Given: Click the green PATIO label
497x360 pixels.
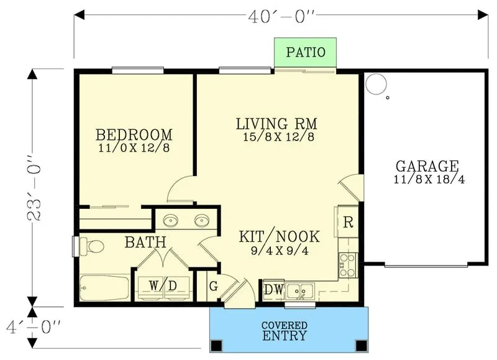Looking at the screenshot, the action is [x=306, y=52].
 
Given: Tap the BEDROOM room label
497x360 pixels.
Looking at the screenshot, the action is [x=134, y=135].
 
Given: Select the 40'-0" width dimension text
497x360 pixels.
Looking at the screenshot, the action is [x=281, y=17].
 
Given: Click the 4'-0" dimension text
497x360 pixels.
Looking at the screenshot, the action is [x=34, y=327].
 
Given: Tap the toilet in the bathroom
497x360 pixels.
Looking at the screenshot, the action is [x=91, y=246].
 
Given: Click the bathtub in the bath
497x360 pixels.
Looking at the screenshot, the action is [x=104, y=288].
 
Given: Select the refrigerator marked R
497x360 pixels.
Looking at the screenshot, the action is [x=348, y=222].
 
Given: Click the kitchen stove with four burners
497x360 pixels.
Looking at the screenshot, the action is [x=348, y=265].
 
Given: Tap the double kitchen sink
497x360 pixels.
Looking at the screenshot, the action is [x=299, y=292].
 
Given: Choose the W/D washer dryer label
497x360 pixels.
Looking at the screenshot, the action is [x=163, y=286].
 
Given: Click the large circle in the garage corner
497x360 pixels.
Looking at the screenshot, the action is [x=376, y=84].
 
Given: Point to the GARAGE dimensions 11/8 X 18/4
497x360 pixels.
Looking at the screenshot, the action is [x=429, y=180].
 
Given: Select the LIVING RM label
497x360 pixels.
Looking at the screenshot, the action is [x=276, y=123].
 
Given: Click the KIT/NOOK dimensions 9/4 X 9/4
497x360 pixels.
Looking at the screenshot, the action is [x=280, y=251].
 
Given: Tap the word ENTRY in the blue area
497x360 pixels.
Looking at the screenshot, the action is [x=285, y=335].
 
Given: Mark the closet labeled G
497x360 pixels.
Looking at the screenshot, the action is [x=214, y=287].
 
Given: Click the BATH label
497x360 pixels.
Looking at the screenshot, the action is [x=145, y=242].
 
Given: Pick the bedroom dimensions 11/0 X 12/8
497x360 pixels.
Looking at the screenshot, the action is [x=134, y=148].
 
